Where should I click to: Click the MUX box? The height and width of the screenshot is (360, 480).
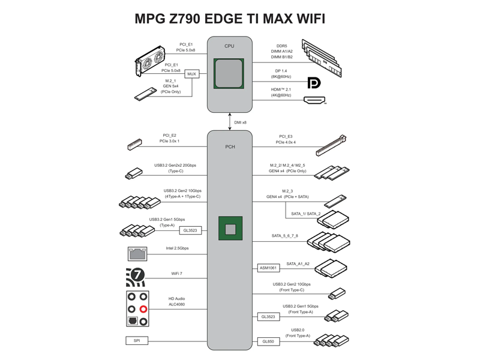[x=191, y=74]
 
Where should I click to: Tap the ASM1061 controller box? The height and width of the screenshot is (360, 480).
[x=268, y=268]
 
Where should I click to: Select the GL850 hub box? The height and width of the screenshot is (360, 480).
[x=268, y=341]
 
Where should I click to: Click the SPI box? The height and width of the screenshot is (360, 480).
[x=137, y=340]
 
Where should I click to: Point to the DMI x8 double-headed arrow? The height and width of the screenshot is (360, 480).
[x=230, y=122]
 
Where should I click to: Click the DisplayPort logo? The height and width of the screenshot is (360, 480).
[x=314, y=83]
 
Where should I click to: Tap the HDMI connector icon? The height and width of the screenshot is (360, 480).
[x=314, y=100]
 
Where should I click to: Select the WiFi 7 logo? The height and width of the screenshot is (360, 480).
[x=136, y=277]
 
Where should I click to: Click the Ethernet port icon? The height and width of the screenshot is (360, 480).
[x=137, y=254]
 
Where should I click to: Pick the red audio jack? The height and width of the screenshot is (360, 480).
[x=143, y=309]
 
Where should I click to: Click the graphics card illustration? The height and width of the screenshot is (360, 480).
[x=150, y=61]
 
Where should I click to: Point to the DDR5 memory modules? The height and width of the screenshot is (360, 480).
[x=322, y=58]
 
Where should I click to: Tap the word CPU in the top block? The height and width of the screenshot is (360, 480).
[x=229, y=46]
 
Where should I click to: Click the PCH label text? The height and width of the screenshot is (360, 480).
[x=230, y=146]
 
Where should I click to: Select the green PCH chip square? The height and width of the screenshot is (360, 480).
[x=230, y=229]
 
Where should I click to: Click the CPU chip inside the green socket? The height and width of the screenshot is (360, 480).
[x=229, y=73]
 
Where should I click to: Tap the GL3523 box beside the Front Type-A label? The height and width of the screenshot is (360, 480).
[x=268, y=317]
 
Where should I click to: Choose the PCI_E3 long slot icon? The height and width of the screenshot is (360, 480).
[x=331, y=145]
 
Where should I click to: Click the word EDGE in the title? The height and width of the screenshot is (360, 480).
[x=223, y=19]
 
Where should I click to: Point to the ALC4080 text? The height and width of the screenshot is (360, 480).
[x=176, y=304]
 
